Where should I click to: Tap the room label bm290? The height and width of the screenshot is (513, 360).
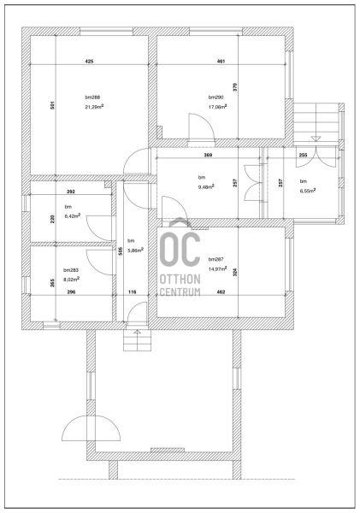coord(215,97)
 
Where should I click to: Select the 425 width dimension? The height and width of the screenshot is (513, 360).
coord(89,62)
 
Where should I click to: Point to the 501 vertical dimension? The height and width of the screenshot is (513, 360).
coord(53,104)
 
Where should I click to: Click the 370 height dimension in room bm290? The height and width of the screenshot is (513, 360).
coord(235,86)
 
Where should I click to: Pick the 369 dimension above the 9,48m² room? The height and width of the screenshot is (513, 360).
coord(208,155)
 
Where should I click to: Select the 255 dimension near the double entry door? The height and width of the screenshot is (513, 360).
coord(303,155)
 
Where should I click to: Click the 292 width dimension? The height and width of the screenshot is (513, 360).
coord(71,192)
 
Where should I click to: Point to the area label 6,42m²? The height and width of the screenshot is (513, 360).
coord(73,216)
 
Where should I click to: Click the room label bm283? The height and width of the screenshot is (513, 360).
coord(71,270)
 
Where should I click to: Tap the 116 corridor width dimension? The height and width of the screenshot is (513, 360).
coord(133,292)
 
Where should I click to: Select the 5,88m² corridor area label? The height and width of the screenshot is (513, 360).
coord(136,251)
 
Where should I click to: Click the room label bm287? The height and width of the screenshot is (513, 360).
coord(216,259)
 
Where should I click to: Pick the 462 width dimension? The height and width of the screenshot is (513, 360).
coord(221,292)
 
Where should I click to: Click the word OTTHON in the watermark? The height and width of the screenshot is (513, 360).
coord(180,279)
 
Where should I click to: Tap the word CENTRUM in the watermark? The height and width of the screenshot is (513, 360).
coord(180,292)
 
